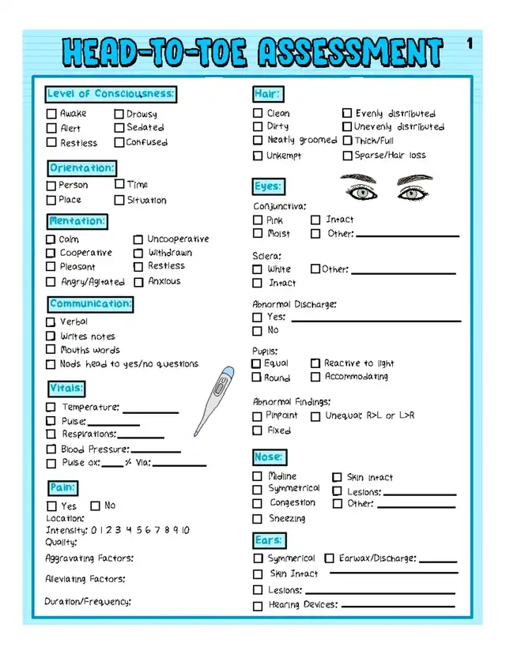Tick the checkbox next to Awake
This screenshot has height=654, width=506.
pos(51,114)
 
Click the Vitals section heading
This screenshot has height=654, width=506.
pos(66,388)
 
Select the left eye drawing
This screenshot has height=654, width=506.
pos(359,190)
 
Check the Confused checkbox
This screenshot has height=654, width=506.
pos(119,143)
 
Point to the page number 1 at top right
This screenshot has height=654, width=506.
pos(470,45)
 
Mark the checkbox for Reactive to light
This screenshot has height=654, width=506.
pos(315,363)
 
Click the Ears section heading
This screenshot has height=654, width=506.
pos(269,540)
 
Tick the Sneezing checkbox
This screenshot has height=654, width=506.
pos(258,519)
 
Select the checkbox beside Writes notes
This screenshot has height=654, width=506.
pos(51,336)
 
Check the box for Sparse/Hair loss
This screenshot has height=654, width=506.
pos(346,156)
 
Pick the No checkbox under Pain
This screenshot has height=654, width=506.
pos(96,506)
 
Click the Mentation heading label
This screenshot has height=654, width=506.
pos(77,221)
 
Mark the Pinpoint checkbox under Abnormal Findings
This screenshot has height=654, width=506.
pos(258,416)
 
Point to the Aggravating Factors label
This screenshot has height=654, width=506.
pos(89,558)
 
